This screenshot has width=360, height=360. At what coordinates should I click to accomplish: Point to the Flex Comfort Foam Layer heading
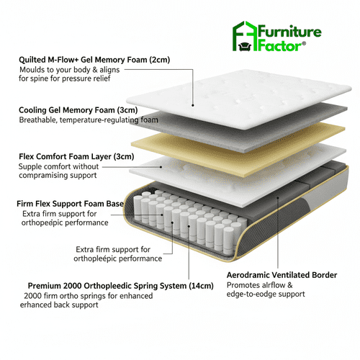tap(66, 156)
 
